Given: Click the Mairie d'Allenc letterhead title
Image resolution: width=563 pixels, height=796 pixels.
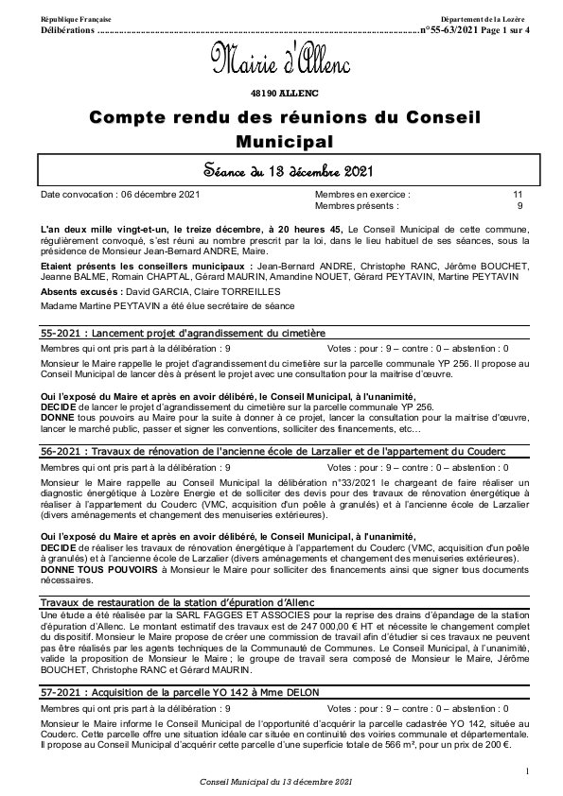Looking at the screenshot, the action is pyautogui.click(x=280, y=64).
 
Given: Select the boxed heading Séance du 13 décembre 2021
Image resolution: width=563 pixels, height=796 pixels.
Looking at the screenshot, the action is pyautogui.click(x=281, y=171).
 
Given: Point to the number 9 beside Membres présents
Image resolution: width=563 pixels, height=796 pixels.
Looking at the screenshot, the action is pyautogui.click(x=519, y=204).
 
